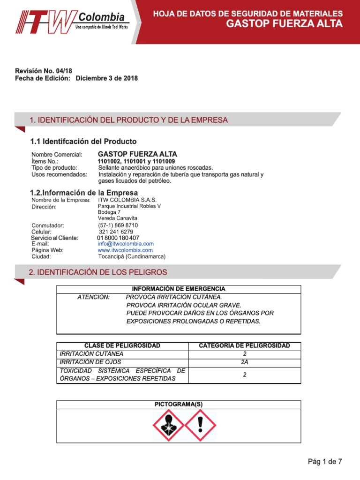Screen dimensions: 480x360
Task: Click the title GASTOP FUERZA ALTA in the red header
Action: tap(284, 24)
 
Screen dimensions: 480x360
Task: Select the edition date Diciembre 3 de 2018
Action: tap(106, 78)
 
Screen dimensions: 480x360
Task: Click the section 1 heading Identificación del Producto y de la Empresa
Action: tap(128, 120)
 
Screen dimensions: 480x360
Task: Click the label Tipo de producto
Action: tap(54, 167)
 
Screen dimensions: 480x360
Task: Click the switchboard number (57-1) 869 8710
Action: tap(118, 225)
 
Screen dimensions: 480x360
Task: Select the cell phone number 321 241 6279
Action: tap(116, 232)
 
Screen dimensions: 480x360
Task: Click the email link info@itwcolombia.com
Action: tap(126, 244)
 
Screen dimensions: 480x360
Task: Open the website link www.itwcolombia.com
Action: tap(125, 250)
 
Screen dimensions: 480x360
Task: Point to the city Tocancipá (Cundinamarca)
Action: tap(132, 256)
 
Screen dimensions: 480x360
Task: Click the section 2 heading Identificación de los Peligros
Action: tap(98, 272)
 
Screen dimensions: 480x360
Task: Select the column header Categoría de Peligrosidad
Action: tap(244, 345)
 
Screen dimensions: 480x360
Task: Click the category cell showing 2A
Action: tap(244, 362)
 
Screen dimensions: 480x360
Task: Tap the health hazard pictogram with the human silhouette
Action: tap(168, 426)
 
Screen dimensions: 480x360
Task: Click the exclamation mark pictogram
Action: tap(200, 426)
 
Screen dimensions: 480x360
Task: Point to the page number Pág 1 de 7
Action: tap(325, 462)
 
